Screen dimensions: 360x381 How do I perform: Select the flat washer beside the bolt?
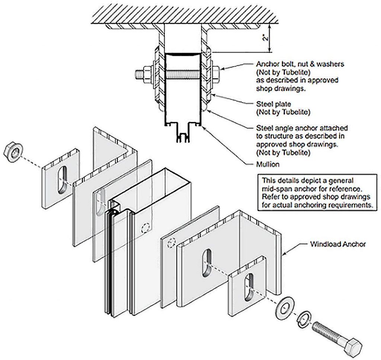tap(284, 307)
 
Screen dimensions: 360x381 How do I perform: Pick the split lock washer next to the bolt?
tap(305, 317)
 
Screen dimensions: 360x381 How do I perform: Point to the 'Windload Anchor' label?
tap(338, 244)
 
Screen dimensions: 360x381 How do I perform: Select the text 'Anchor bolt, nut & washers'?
tap(300, 64)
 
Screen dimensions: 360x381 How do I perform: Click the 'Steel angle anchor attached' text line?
tap(302, 128)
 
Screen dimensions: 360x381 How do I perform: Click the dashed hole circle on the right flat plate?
tap(171, 243)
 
